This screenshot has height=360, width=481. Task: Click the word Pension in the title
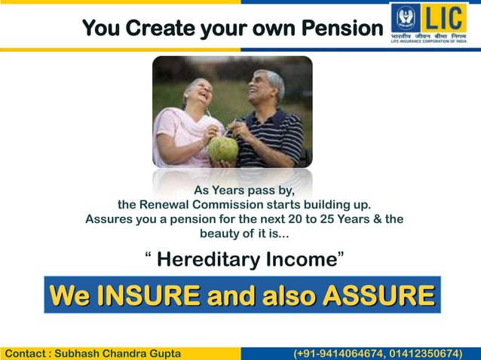[x=342, y=29]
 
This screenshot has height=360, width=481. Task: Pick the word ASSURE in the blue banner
[x=378, y=295]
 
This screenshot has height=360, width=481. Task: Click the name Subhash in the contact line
[x=82, y=353]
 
